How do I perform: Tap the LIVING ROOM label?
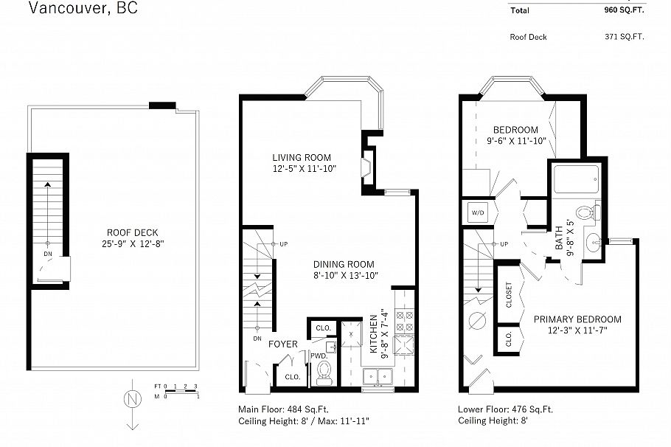(302, 157)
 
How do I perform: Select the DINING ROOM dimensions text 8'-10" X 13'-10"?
(344, 275)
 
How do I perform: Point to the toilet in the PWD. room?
(324, 375)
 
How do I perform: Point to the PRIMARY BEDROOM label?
(577, 319)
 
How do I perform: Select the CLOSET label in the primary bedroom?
(509, 294)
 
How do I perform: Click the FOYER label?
(282, 344)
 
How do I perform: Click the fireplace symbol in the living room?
(366, 168)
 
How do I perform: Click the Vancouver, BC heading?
(82, 9)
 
